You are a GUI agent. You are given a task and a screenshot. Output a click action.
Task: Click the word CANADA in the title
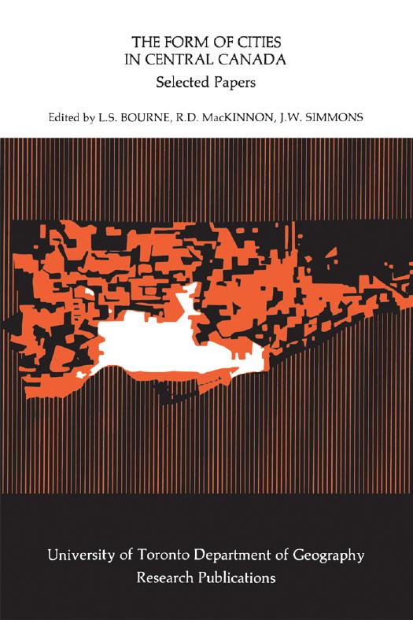253,61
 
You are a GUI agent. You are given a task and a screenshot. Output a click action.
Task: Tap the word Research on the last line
168,577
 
